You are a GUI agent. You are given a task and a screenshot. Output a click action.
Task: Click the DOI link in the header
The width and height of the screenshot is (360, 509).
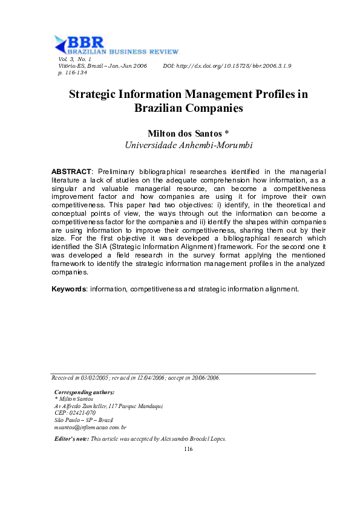[x=227, y=65]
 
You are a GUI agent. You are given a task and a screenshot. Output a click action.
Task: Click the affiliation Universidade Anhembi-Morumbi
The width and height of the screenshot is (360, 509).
[x=180, y=145]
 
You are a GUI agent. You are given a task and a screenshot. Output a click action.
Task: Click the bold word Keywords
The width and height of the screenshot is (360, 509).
[x=69, y=289]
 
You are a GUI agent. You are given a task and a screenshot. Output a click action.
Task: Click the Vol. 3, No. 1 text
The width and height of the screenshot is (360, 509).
[x=74, y=59]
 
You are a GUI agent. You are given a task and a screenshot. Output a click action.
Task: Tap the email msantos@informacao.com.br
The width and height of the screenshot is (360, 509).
[x=90, y=427]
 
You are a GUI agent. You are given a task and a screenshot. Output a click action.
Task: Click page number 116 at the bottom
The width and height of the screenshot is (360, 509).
[x=187, y=449]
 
